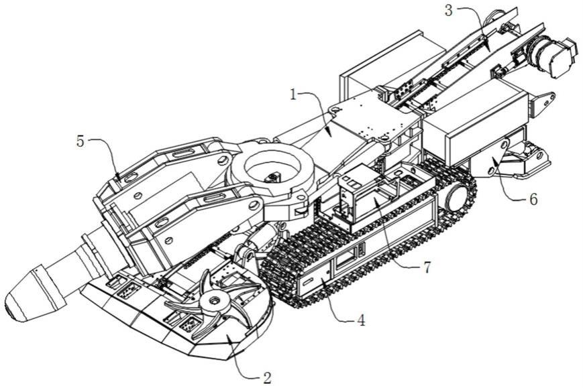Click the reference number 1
pos(294,95)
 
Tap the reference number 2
pos(267,377)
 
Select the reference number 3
pos(449,11)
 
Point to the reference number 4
pos(361,320)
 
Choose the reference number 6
pos(533,200)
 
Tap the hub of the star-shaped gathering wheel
pos(213,302)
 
